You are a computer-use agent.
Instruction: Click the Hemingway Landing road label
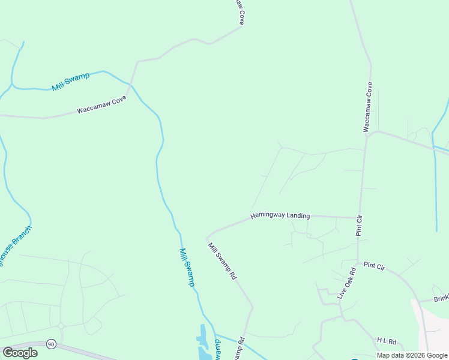[x=280, y=215]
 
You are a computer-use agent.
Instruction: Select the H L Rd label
[x=387, y=341]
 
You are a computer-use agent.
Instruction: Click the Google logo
[x=20, y=353]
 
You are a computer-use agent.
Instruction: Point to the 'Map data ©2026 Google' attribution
[x=412, y=355]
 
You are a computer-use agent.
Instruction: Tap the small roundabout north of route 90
[x=61, y=326]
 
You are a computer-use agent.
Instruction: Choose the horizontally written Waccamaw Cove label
[x=101, y=107]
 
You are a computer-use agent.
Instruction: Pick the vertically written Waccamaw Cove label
[x=369, y=107]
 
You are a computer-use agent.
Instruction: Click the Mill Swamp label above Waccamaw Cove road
[x=70, y=81]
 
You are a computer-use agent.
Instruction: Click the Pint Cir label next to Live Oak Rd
[x=374, y=266]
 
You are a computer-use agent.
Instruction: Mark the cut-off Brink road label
[x=441, y=298]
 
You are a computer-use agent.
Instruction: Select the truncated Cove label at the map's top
[x=240, y=11]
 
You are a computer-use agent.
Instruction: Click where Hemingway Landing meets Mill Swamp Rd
[x=207, y=236]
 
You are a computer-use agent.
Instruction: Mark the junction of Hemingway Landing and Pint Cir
[x=359, y=217]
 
